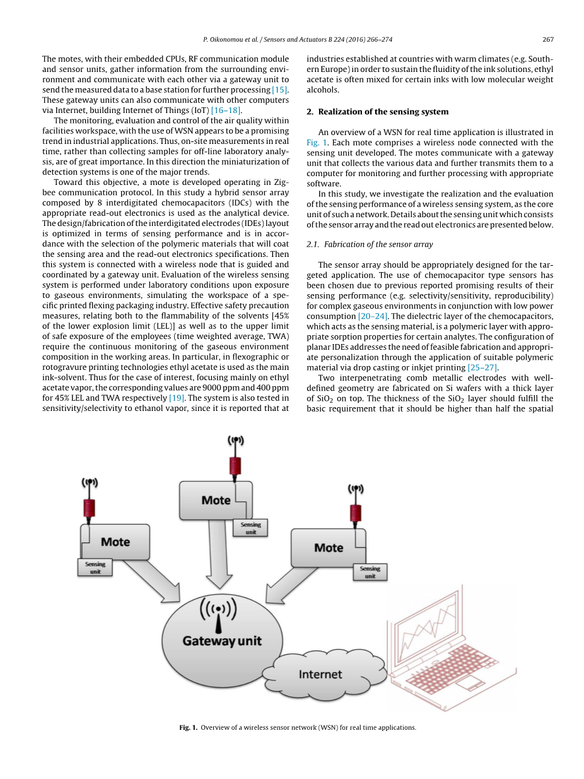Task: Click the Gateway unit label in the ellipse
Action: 221,641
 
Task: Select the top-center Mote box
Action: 216,500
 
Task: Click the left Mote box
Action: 115,542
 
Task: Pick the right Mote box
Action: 328,547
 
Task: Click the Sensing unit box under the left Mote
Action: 95,567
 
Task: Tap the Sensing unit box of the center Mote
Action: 250,528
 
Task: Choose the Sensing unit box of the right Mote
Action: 370,572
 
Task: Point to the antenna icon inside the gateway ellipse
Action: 218,614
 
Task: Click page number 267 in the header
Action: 547,39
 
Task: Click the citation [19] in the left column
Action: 177,398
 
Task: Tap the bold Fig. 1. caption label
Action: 188,727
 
